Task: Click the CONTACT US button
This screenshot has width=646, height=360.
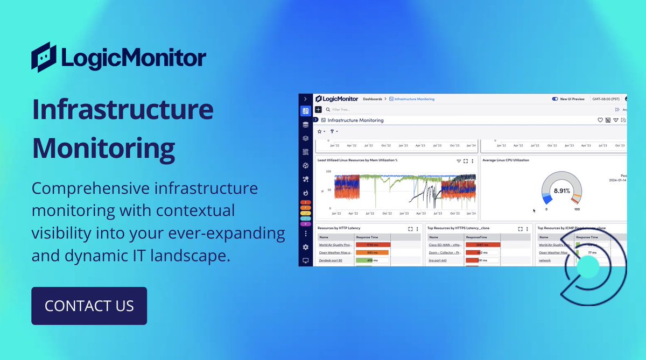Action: coord(89,306)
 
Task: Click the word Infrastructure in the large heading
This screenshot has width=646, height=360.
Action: coord(123,109)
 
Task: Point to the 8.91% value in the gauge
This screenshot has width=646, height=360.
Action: coord(561,190)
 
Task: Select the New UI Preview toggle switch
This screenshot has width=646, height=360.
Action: coord(555,99)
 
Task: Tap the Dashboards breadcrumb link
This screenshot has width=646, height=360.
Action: coord(372,99)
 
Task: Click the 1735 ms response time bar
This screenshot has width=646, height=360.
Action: coord(373,245)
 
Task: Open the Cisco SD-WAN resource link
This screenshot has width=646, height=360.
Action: coord(444,245)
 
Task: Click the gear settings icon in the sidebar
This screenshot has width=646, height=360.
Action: coord(305,247)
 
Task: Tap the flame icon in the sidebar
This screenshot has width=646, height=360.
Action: coord(305,193)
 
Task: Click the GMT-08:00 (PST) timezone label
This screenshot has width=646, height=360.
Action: coord(606,99)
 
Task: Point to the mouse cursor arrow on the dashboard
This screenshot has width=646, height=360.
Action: coord(534,210)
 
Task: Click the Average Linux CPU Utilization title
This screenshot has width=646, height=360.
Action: coord(505,160)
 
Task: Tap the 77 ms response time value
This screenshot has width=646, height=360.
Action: coord(592,252)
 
